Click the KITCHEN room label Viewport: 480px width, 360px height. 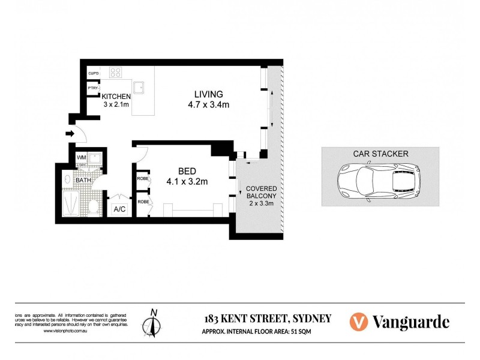(x=116, y=97)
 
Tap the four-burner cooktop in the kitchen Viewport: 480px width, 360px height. (x=116, y=74)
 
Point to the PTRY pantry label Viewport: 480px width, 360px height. (x=93, y=88)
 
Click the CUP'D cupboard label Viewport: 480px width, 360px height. (x=93, y=73)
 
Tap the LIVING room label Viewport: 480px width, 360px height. (x=208, y=94)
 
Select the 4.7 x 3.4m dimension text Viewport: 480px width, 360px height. (x=209, y=104)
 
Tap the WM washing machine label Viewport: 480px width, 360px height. (x=81, y=158)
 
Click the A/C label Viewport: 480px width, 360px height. (x=119, y=209)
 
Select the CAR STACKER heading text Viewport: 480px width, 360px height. (x=380, y=154)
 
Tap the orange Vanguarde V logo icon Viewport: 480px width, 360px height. (x=358, y=321)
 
